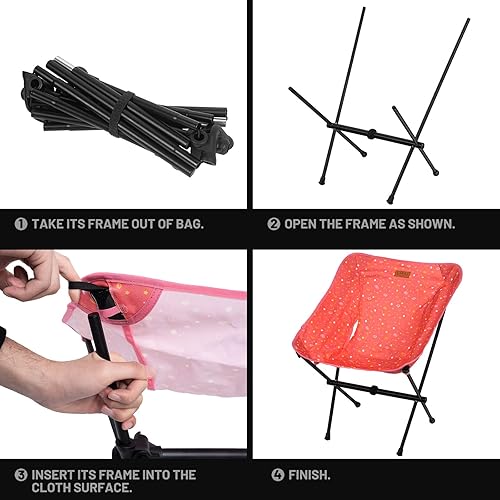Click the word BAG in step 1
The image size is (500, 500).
188,224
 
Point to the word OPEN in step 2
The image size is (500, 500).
305,224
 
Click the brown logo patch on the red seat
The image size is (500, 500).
403,274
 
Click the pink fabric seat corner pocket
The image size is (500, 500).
110,300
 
